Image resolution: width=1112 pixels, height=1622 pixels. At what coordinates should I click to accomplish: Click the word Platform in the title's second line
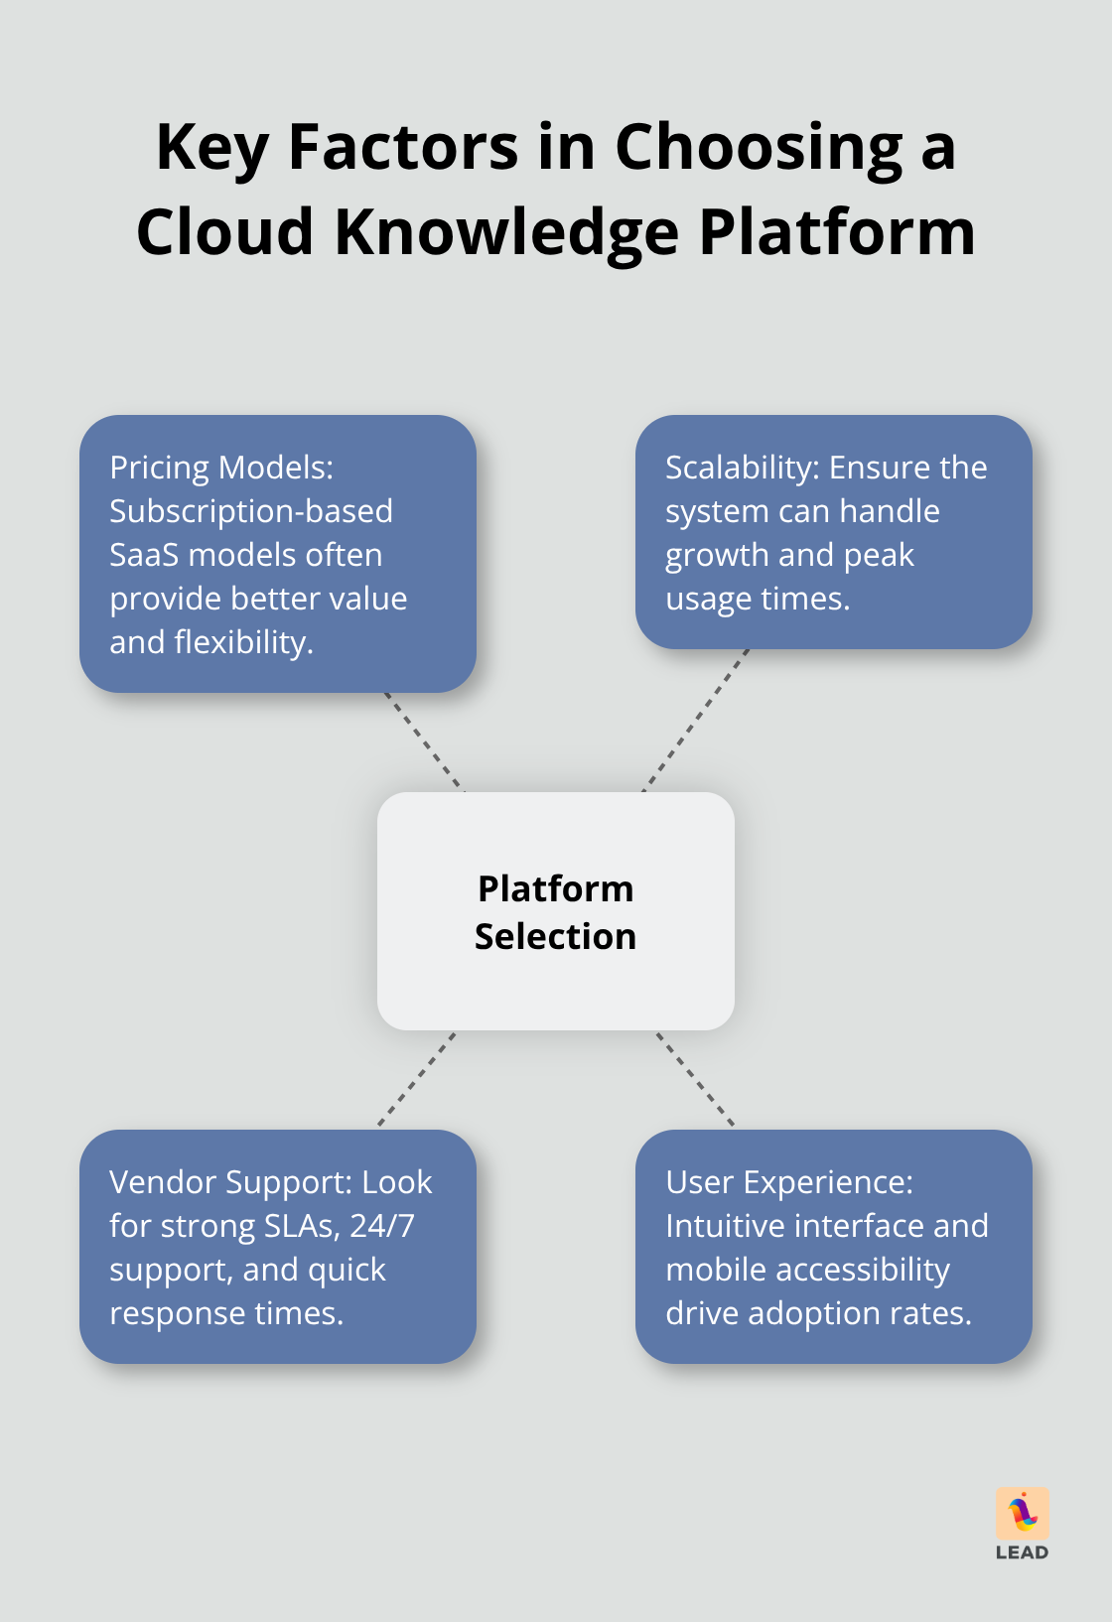(x=837, y=233)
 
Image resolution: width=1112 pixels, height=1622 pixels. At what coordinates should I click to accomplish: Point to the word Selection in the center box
(x=555, y=936)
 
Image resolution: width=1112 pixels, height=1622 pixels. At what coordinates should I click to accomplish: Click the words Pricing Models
(x=221, y=468)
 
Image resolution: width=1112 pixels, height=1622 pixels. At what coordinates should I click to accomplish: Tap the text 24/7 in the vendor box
(x=381, y=1226)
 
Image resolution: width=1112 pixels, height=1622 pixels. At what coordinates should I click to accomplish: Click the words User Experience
(x=788, y=1182)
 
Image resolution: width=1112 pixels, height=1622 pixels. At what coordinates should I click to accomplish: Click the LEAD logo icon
(x=1023, y=1514)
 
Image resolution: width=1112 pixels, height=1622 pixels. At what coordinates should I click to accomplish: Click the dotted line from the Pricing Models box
(x=424, y=742)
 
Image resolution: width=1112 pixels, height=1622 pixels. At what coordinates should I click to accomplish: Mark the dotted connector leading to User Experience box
(x=695, y=1079)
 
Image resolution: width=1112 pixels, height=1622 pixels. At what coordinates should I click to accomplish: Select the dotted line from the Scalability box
(x=696, y=720)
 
